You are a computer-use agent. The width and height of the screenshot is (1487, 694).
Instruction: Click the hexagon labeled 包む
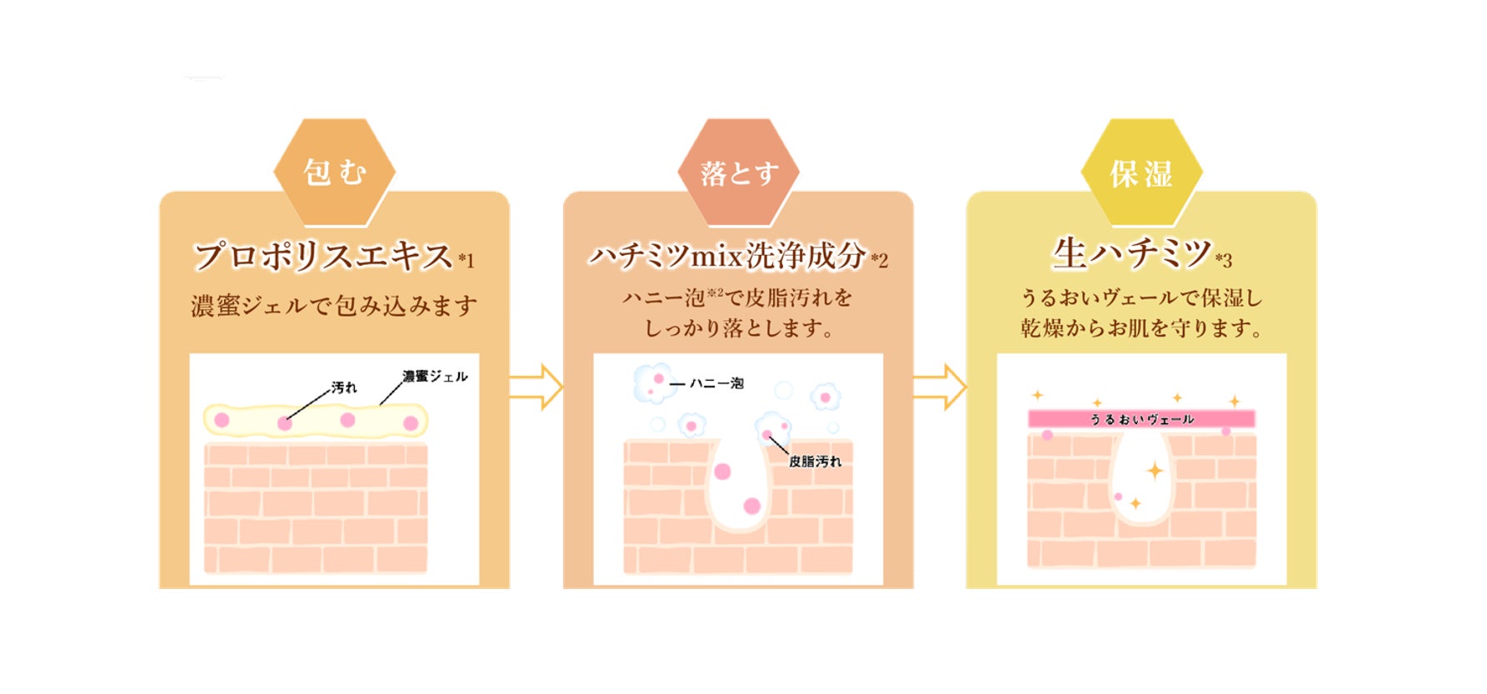tap(334, 172)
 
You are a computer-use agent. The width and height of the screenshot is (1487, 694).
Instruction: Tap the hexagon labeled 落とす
tap(738, 172)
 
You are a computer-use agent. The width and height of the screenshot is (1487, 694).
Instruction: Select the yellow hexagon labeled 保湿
tap(1141, 172)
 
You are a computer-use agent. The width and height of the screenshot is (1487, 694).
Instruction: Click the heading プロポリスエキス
tap(323, 256)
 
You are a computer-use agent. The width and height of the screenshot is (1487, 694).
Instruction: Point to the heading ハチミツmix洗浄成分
tap(727, 256)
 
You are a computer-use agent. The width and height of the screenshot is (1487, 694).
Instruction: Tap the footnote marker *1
tap(467, 261)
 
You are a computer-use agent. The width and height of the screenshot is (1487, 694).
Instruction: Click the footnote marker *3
tap(1223, 261)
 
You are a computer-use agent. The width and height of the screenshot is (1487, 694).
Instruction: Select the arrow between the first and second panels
tap(536, 387)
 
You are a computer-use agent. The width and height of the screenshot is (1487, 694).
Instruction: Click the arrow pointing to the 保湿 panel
tap(939, 387)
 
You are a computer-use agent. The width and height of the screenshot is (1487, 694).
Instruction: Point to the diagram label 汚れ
tap(343, 387)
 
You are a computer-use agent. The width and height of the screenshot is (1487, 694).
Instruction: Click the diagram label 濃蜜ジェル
tap(435, 377)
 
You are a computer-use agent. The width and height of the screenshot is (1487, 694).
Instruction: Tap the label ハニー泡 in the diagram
tap(716, 383)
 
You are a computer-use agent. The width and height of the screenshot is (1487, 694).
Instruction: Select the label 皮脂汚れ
tap(815, 462)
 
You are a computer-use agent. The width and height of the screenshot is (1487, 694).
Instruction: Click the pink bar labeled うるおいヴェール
tap(1141, 419)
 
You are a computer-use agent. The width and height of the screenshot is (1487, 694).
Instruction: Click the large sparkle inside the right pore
tap(1155, 471)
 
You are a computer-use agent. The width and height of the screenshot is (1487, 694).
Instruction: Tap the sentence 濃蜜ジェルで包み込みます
tap(334, 306)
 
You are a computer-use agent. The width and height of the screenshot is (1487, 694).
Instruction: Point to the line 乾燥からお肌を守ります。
tap(1141, 328)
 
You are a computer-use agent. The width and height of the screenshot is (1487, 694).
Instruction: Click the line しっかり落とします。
tap(738, 328)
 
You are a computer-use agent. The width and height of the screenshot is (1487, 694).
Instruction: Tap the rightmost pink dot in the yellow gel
tap(411, 423)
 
